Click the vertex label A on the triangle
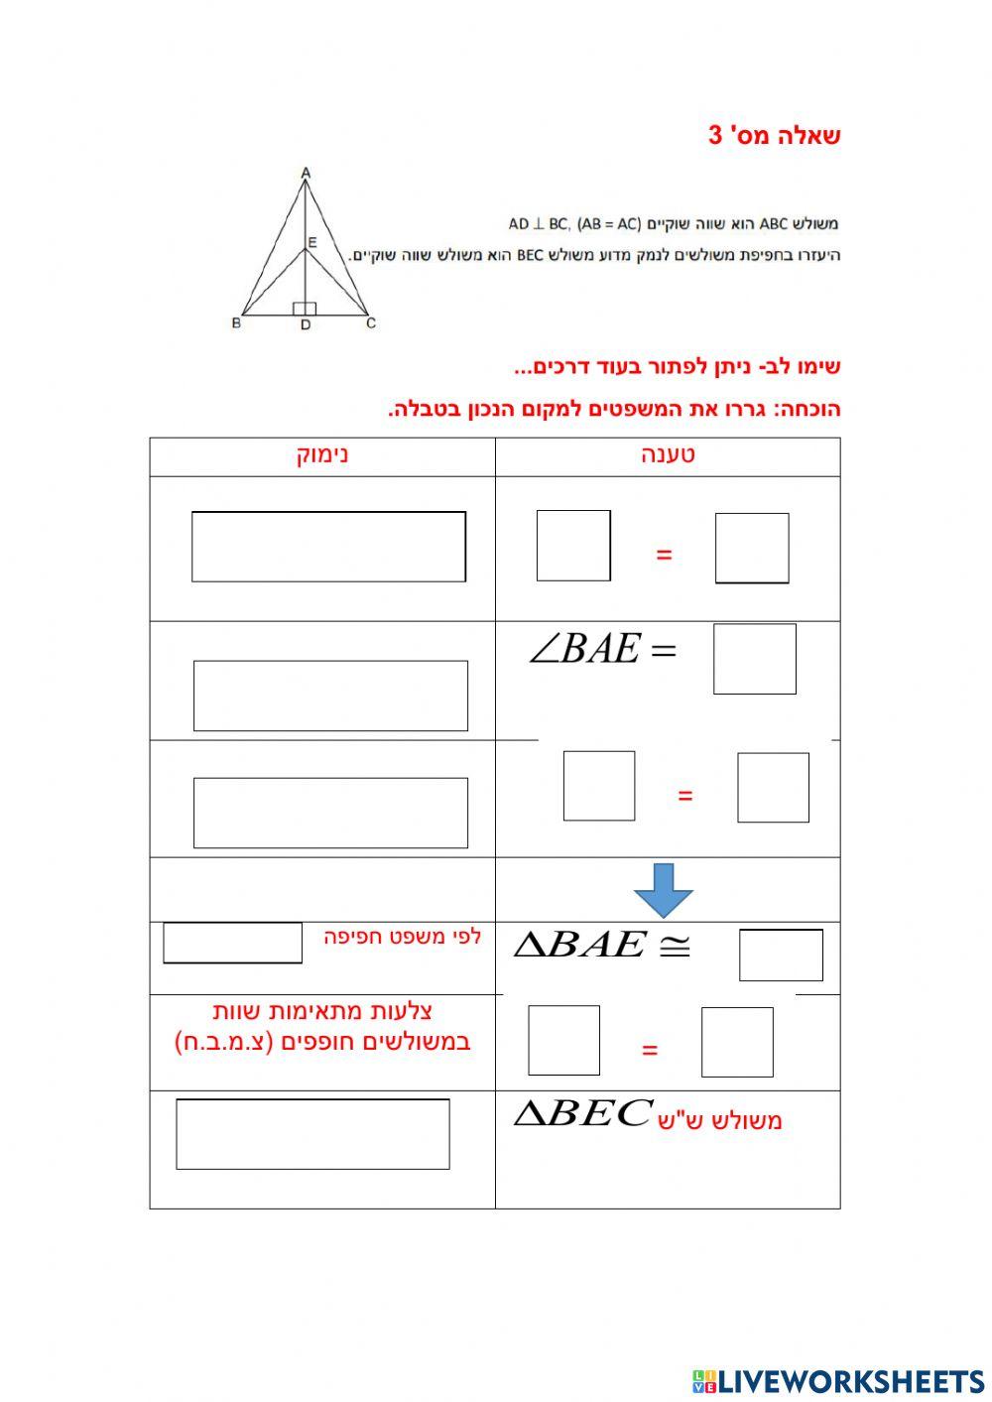[306, 172]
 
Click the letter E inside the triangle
[312, 242]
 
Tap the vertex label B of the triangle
[236, 322]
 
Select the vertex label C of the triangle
[371, 322]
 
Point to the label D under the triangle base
[306, 324]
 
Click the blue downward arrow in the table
[663, 891]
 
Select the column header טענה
[668, 455]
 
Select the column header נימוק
[322, 455]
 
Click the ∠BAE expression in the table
[603, 648]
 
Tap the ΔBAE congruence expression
[602, 945]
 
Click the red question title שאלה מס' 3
[774, 135]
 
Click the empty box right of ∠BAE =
[755, 659]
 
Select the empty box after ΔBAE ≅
[781, 956]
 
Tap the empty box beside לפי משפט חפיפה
[233, 943]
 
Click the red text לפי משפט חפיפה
[402, 937]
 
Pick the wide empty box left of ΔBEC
[312, 1134]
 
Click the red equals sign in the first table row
[664, 555]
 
